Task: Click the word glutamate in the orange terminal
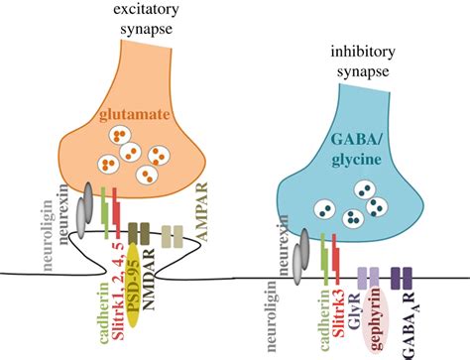[135, 115]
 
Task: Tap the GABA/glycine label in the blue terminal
[357, 150]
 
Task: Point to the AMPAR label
[200, 212]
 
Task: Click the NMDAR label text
[149, 279]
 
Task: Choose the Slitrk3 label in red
[338, 312]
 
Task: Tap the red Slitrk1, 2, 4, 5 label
[117, 291]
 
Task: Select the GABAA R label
[409, 325]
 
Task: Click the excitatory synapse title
[146, 19]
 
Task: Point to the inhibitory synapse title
[363, 61]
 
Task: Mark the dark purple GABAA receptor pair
[402, 279]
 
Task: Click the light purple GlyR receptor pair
[369, 279]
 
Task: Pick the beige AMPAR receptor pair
[172, 236]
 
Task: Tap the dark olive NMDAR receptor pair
[139, 234]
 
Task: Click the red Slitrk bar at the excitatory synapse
[116, 212]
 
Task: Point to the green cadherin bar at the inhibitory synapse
[324, 259]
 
